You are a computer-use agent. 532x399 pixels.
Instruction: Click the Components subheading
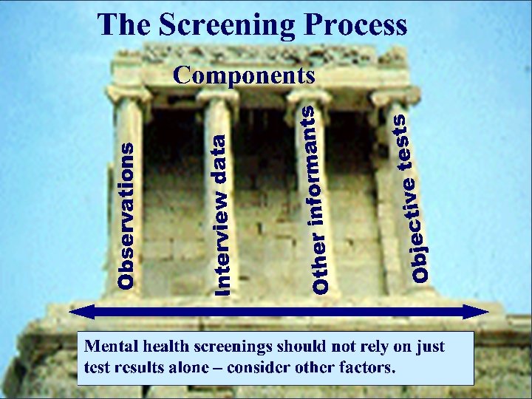tap(243, 75)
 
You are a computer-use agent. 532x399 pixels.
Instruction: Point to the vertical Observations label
tap(127, 215)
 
